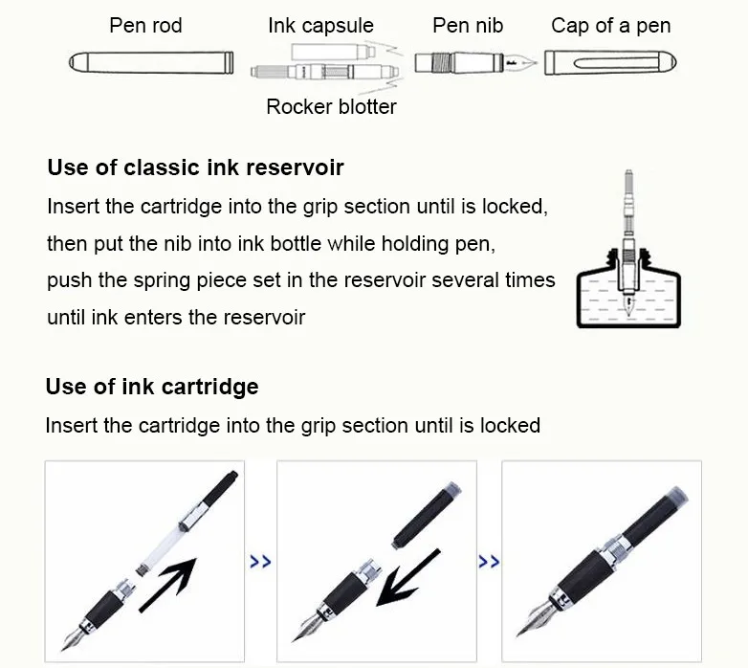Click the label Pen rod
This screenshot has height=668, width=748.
click(x=145, y=26)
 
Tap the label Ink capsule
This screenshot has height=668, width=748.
click(x=320, y=26)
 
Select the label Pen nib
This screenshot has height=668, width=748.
click(x=468, y=26)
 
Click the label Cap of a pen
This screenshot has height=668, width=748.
click(x=610, y=26)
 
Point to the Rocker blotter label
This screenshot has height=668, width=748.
click(x=331, y=106)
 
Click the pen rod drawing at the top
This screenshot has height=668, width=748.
click(x=151, y=64)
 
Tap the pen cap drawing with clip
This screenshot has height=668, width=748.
click(x=610, y=64)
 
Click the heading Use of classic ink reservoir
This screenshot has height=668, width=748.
click(x=195, y=168)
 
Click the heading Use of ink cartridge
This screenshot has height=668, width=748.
click(x=152, y=387)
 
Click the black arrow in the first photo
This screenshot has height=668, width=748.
click(x=168, y=581)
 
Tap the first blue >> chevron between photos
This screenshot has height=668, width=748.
click(x=260, y=562)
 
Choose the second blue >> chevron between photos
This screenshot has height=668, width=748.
click(x=489, y=562)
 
